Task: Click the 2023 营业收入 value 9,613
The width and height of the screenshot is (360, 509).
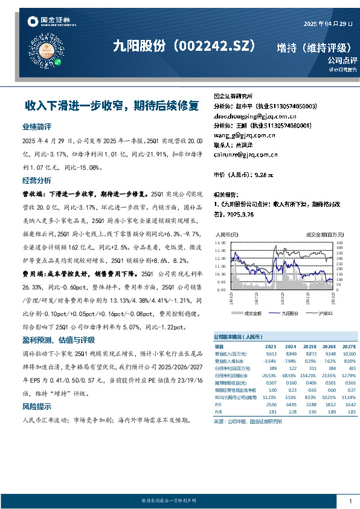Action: (x=271, y=353)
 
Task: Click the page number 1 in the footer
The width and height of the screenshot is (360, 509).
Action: (x=351, y=501)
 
